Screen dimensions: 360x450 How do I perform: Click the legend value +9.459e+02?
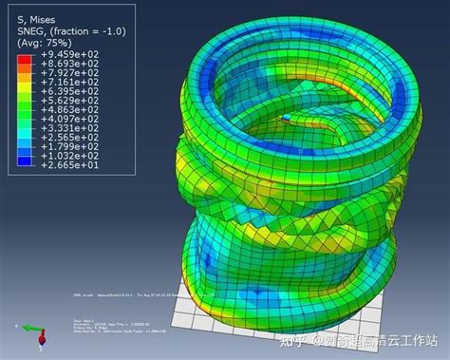pyautogui.click(x=61, y=57)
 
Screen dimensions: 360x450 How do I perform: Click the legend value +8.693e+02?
pyautogui.click(x=61, y=66)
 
